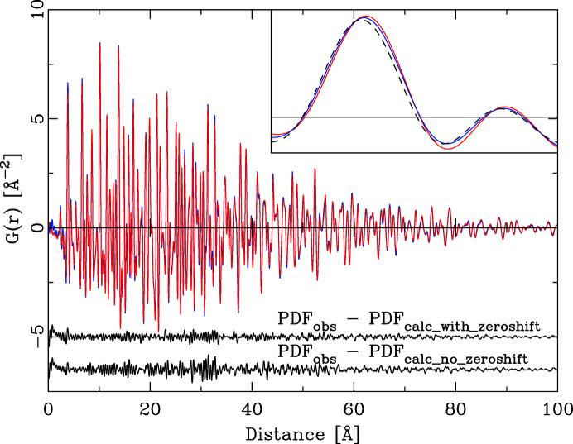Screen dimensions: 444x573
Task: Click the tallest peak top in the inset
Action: pyautogui.click(x=364, y=17)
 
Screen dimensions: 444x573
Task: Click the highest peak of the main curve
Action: pyautogui.click(x=99, y=43)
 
